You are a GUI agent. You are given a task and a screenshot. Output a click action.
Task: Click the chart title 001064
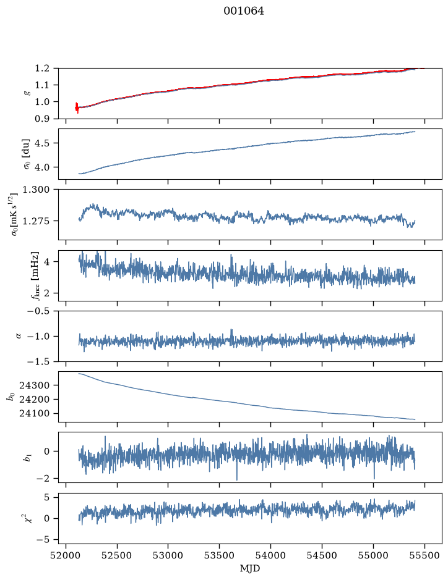244,11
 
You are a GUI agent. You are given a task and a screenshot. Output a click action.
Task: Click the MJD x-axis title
250,568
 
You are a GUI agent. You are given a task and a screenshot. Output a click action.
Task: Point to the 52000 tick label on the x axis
66,555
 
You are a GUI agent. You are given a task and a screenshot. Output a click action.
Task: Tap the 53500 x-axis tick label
220,555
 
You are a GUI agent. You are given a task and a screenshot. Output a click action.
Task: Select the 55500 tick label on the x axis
424,555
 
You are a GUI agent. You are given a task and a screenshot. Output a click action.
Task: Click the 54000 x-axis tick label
270,555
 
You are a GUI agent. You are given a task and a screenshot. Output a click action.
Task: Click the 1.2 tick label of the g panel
42,68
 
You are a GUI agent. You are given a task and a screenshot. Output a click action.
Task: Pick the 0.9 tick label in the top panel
42,119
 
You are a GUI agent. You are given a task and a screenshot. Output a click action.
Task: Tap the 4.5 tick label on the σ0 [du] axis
42,143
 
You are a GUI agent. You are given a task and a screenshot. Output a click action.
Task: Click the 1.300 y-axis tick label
36,190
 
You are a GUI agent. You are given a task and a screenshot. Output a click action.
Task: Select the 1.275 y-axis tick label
36,221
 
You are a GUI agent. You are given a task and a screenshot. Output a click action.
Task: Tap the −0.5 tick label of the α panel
38,311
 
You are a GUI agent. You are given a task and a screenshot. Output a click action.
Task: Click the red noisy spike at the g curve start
77,107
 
